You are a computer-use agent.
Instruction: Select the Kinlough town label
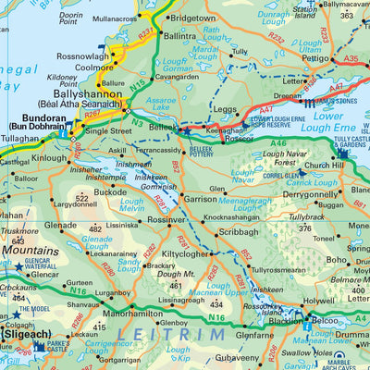tap(50, 158)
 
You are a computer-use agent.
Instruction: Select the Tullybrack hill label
tap(306, 217)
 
